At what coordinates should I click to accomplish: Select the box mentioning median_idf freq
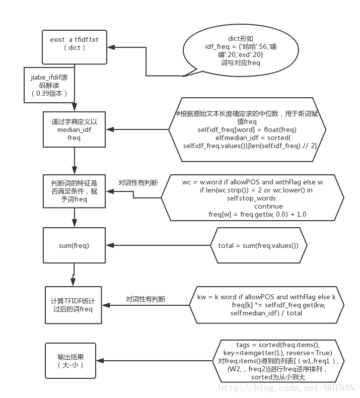point(75,129)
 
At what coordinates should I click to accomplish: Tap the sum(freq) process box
point(74,245)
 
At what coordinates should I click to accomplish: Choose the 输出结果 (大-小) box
point(70,361)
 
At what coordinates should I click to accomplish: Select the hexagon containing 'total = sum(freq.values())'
point(258,245)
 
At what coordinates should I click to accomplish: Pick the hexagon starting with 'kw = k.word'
point(266,305)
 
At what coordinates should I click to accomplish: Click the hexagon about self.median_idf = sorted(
point(247,129)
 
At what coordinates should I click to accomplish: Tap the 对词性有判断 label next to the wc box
point(137,183)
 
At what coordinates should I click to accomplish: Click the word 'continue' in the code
point(268,206)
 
